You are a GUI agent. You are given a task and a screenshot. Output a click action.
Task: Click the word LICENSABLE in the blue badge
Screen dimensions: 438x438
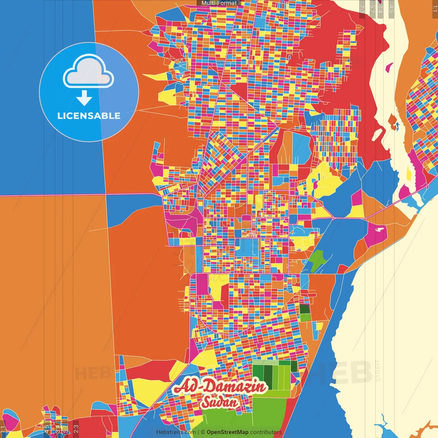tap(89, 116)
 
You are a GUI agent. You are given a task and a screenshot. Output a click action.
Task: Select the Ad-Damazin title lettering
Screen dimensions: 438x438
tap(221, 387)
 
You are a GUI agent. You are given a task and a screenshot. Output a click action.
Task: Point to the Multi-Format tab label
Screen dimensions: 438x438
tap(219, 3)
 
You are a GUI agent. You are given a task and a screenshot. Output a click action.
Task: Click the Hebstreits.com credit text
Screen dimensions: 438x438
tap(176, 432)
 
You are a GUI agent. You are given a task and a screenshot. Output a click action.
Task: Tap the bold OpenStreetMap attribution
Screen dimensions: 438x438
tap(228, 432)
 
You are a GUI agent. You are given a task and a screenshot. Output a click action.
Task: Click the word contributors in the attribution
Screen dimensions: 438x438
tap(266, 432)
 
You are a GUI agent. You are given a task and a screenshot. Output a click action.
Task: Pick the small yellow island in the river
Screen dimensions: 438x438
tap(409, 174)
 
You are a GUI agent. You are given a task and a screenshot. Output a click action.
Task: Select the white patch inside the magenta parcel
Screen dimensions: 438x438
tap(379, 229)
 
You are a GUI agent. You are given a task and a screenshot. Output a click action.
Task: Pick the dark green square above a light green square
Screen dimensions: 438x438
tap(304, 309)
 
